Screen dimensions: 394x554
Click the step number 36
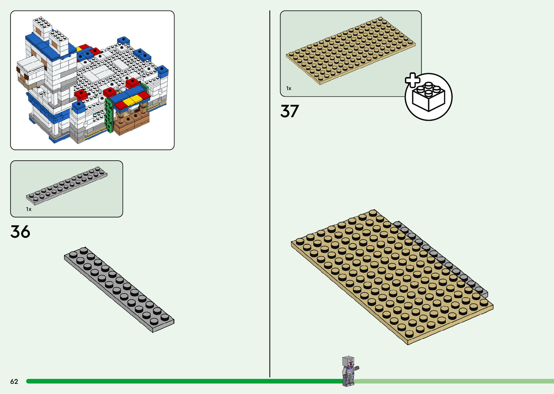tap(20, 232)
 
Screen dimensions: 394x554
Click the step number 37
tap(289, 111)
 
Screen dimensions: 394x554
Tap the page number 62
tap(14, 382)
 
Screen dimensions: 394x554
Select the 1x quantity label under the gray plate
tap(29, 209)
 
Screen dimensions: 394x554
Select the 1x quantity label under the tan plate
tap(289, 88)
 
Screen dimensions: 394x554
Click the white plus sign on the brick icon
tap(412, 80)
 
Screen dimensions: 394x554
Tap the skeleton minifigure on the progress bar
tap(349, 371)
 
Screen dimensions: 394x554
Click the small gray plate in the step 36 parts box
tap(67, 186)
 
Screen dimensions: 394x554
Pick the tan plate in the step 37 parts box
tap(350, 50)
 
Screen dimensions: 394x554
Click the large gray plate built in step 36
tap(119, 289)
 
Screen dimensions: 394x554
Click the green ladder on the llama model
tap(108, 115)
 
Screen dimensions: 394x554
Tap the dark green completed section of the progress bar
tap(181, 381)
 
